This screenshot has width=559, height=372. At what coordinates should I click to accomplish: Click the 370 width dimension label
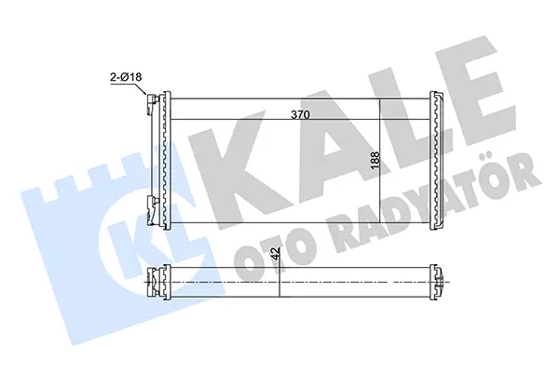click(301, 114)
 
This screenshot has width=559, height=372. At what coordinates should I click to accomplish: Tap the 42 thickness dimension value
click(275, 255)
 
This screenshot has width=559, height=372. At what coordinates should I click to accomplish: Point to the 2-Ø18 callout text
click(126, 77)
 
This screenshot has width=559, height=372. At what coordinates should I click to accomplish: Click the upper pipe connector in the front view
click(152, 105)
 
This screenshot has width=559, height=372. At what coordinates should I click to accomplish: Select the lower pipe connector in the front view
click(152, 210)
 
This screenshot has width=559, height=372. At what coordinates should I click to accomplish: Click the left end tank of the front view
click(164, 160)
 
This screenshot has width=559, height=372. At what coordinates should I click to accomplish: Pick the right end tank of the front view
click(437, 160)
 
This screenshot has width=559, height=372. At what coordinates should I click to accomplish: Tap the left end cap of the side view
click(158, 282)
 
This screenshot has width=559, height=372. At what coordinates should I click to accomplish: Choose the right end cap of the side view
click(438, 282)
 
